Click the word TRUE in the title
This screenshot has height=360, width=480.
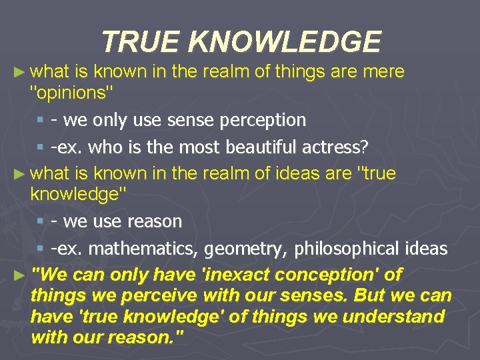click(x=141, y=42)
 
